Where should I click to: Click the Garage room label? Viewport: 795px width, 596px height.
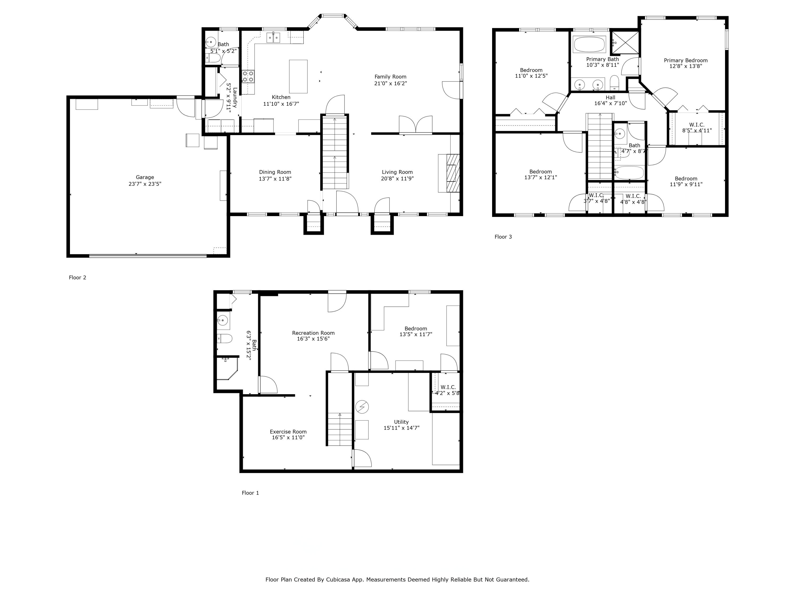tap(145, 177)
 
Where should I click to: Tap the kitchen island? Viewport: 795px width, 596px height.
tap(298, 77)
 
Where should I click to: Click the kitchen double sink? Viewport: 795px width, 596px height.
tap(273, 37)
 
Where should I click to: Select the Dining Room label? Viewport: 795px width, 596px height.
tap(275, 172)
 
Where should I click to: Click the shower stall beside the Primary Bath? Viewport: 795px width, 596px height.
tap(625, 42)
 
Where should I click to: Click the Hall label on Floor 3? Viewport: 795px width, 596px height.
tap(610, 97)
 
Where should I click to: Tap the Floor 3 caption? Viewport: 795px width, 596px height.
tap(503, 237)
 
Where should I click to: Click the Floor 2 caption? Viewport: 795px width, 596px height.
tap(78, 277)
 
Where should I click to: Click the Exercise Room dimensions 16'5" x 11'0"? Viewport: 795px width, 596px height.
tap(288, 438)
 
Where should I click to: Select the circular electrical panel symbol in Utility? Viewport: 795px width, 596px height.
tap(362, 407)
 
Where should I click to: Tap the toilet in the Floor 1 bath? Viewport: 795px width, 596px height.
tap(225, 339)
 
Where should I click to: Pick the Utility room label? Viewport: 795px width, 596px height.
tap(401, 422)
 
